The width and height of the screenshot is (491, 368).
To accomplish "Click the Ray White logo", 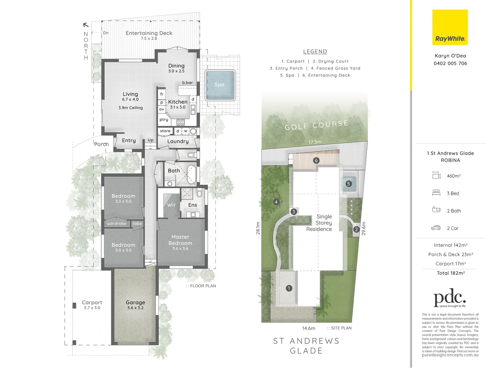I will (450, 27).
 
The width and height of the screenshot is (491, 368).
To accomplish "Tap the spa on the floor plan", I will (220, 85).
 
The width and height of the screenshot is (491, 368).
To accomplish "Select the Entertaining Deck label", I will (149, 33).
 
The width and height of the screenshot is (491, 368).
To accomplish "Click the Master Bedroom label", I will (180, 240).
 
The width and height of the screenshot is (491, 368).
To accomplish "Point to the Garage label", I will (135, 303).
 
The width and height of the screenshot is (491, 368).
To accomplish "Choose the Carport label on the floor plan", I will (92, 303).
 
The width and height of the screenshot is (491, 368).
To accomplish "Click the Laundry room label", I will (178, 141).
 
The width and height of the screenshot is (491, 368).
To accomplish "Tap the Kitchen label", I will (178, 102).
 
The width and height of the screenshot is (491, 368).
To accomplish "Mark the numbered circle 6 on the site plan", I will (316, 160).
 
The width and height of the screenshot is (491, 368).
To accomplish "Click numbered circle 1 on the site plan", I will (289, 288).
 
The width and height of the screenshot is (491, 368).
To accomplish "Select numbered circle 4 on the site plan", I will (276, 202).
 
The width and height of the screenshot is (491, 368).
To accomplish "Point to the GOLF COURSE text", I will (317, 125).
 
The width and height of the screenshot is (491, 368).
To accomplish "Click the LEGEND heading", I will (315, 51).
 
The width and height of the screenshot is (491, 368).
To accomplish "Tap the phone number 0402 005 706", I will (450, 63).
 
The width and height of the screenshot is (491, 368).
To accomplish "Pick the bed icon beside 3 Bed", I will (436, 193).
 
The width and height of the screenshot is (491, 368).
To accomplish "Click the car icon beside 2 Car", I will (436, 228).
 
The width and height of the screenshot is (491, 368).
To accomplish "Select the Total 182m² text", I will (451, 273).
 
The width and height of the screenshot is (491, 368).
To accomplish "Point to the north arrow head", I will (86, 25).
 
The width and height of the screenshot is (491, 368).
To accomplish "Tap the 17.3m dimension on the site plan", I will (315, 142).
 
